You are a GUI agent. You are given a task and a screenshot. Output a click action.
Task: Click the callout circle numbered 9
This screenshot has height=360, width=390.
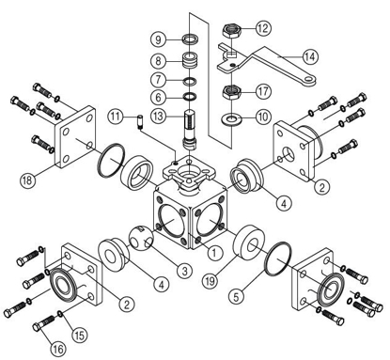click(159, 39)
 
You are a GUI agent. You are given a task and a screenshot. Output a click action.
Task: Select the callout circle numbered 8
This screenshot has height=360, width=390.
click(159, 59)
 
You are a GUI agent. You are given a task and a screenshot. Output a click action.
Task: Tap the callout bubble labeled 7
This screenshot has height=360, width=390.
click(159, 79)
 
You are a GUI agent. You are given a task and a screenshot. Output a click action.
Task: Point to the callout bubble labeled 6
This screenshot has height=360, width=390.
click(159, 97)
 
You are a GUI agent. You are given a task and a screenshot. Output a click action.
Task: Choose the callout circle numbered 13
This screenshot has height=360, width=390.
click(159, 115)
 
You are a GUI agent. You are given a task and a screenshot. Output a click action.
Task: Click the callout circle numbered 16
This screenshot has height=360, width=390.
click(58, 348)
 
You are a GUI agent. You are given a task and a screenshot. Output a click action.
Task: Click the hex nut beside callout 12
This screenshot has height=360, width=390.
click(229, 29)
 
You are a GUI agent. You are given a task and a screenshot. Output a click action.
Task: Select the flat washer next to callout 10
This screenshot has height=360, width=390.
click(229, 120)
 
